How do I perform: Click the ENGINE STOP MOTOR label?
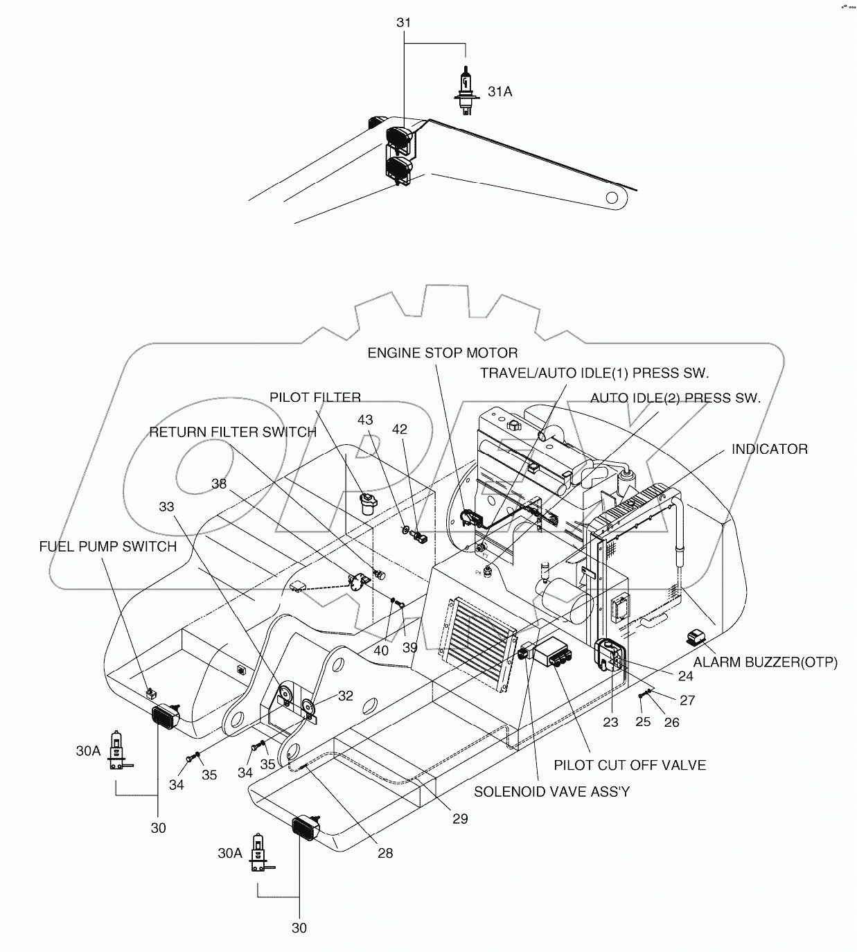[x=442, y=353]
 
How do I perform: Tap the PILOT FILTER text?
[x=315, y=397]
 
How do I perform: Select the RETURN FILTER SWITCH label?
[x=233, y=432]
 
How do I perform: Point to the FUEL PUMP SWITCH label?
[x=107, y=546]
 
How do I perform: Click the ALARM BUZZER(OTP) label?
[x=765, y=662]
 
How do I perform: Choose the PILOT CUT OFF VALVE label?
[x=629, y=765]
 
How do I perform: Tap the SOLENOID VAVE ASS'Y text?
[x=551, y=791]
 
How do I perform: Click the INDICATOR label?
[x=769, y=449]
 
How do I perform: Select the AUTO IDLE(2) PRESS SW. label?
[x=675, y=398]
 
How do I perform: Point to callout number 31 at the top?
[x=403, y=23]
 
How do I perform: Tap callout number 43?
[x=365, y=420]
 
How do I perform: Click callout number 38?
[x=219, y=484]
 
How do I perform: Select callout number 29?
[x=460, y=819]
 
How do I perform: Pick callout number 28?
[x=385, y=853]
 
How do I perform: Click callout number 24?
[x=684, y=676]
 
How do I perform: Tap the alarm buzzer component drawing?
[x=696, y=637]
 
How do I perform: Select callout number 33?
[x=166, y=506]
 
